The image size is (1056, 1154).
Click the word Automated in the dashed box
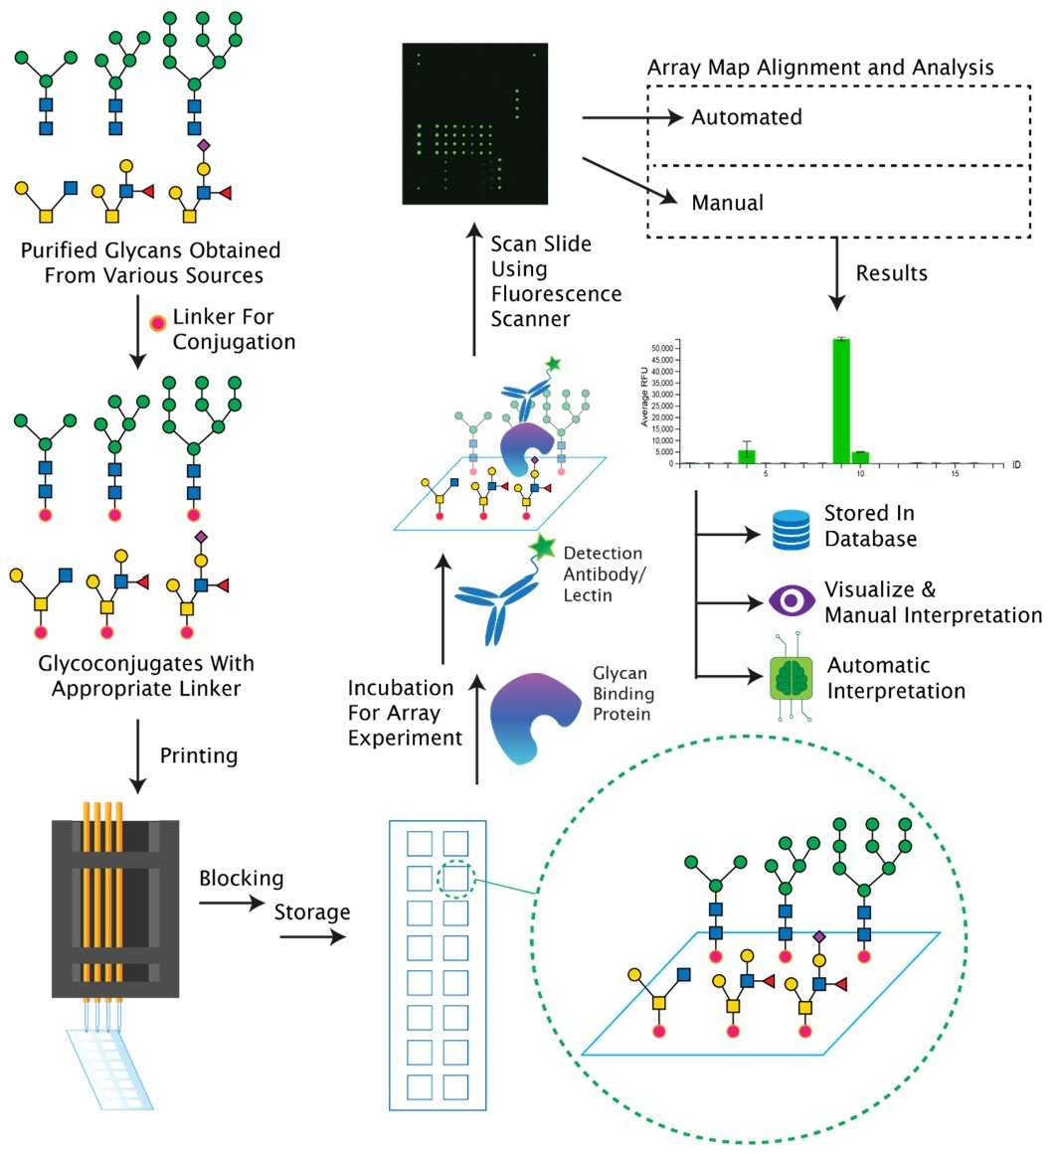tap(747, 117)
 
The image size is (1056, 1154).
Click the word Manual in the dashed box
tap(728, 203)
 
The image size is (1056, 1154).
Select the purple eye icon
tap(792, 600)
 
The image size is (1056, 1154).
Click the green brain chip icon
tap(792, 676)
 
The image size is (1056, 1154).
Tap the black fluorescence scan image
tap(474, 123)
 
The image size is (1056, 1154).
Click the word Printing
tap(199, 755)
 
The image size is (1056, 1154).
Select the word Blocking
tap(242, 879)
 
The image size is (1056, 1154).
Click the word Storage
tap(312, 911)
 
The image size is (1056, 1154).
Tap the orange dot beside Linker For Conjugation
tap(157, 325)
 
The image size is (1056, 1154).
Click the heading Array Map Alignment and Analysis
tap(820, 69)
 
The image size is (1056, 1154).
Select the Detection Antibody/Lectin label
tap(603, 574)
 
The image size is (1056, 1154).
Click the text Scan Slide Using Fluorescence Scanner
tap(556, 280)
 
